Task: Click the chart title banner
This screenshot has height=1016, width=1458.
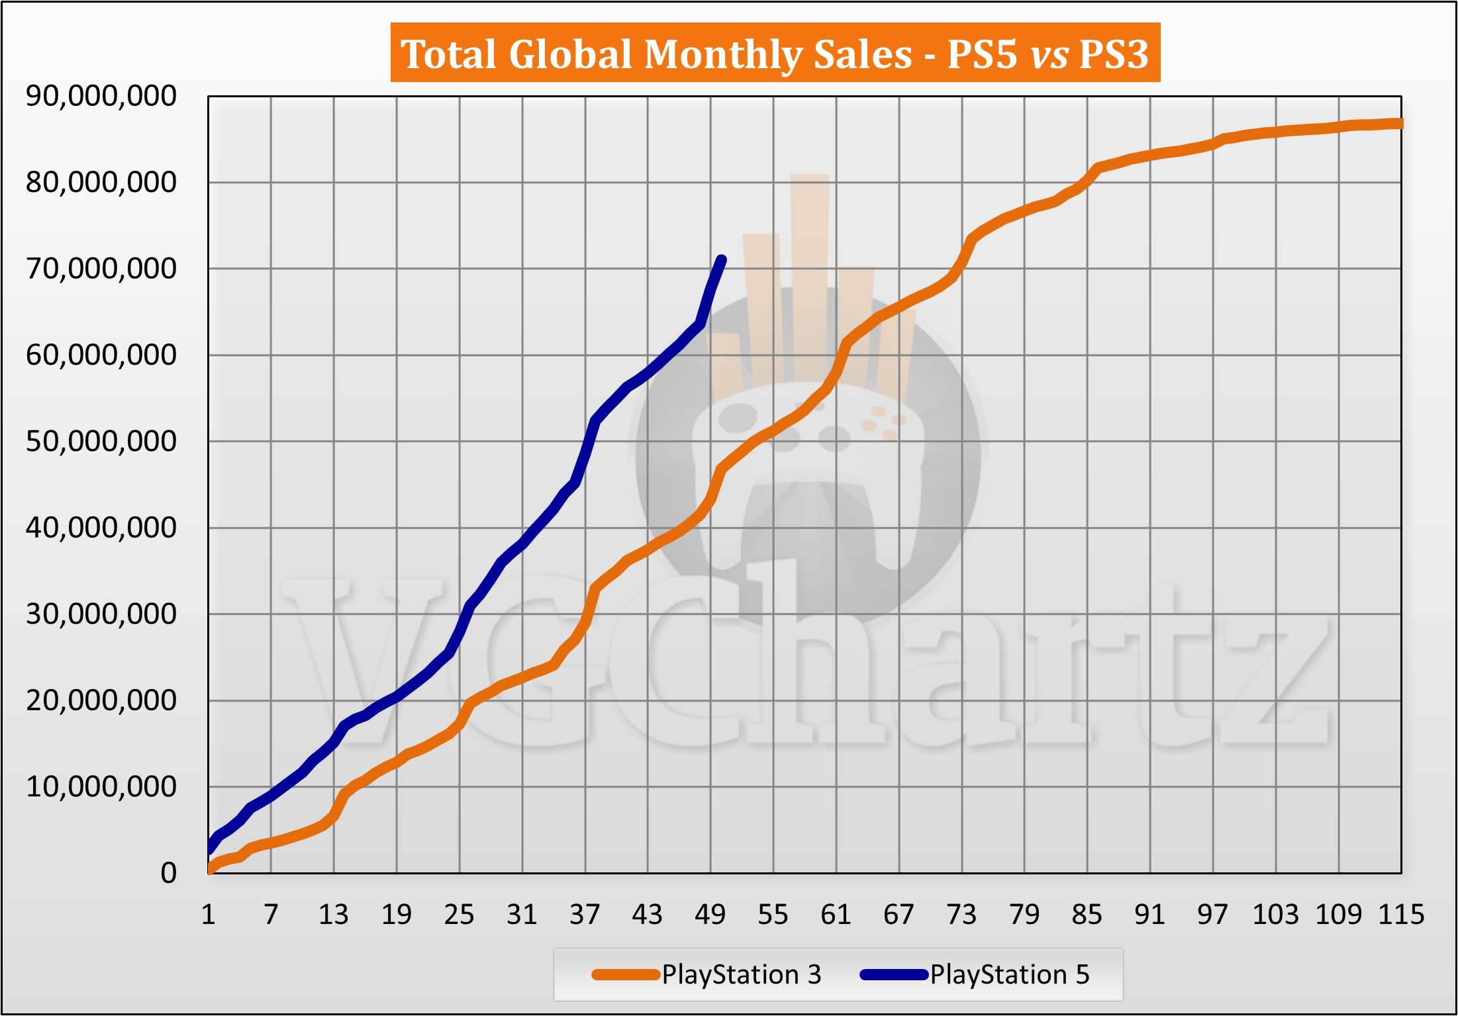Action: coord(775,53)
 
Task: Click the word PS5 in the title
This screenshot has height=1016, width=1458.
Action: coord(981,54)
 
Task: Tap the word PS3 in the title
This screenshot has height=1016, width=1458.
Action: coord(1114,54)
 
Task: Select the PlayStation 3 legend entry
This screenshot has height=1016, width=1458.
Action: coord(707,974)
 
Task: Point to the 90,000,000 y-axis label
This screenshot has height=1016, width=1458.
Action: coord(101,96)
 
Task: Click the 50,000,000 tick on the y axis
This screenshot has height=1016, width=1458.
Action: coord(101,441)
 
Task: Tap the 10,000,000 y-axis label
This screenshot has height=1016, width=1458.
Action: coord(101,787)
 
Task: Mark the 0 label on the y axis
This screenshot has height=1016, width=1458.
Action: coord(169,874)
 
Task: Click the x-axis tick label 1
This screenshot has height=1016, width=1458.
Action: coord(209,915)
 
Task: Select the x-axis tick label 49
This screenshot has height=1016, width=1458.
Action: coord(710,915)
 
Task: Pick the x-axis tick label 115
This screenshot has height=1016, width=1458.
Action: coord(1400,915)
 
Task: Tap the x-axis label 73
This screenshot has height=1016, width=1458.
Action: coord(961,915)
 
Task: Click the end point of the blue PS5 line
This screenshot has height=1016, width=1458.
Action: coord(722,260)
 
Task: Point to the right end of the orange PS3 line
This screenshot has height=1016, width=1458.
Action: coord(1399,124)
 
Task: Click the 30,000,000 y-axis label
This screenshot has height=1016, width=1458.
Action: coord(101,614)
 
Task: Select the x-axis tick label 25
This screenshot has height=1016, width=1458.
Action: coord(460,915)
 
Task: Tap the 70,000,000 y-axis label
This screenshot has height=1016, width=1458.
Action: coord(101,269)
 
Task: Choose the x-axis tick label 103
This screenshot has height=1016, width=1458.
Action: coord(1275,915)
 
